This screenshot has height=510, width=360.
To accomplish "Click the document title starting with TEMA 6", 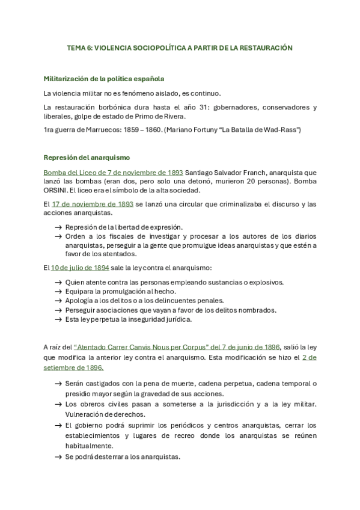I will tap(179, 48).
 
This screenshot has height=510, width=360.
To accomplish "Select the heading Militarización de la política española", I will tap(104, 79).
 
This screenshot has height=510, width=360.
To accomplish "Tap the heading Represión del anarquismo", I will tap(87, 158).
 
